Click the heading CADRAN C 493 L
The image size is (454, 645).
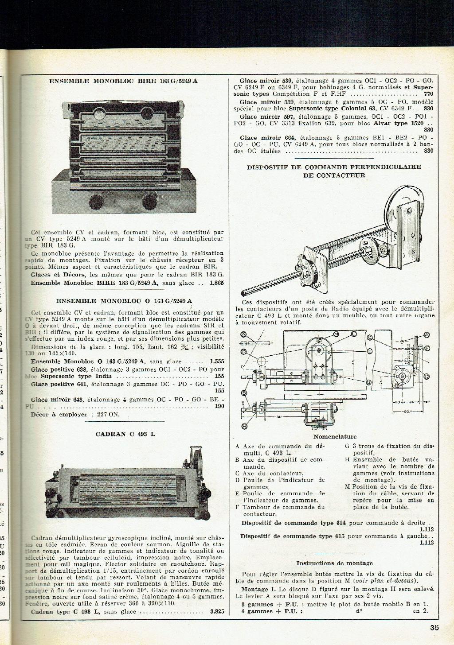click(125, 434)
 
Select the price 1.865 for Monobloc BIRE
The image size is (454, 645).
click(216, 283)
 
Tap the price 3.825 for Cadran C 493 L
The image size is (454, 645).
click(217, 612)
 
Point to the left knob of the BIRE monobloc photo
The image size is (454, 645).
click(96, 202)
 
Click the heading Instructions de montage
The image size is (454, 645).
click(335, 563)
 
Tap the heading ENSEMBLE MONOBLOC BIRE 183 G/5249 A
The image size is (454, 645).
click(123, 81)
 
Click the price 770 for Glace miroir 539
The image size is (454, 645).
click(428, 94)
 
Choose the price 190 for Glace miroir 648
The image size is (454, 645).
click(219, 406)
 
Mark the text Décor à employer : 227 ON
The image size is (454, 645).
click(75, 415)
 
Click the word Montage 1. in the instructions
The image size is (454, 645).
click(256, 589)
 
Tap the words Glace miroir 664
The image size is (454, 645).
click(270, 137)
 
